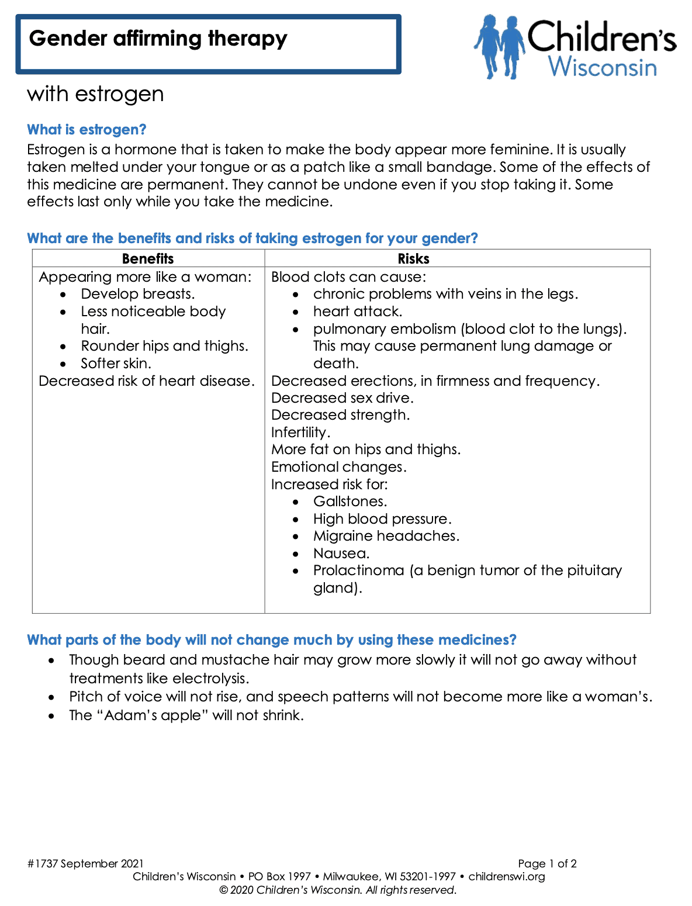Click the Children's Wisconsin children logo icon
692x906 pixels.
tap(499, 47)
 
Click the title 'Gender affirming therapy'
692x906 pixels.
tap(158, 39)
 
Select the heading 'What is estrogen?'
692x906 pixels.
tap(86, 130)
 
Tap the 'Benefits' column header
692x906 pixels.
tap(148, 259)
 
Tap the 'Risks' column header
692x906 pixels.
tap(413, 259)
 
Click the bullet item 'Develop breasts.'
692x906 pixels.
tap(138, 294)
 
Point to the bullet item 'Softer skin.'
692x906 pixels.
tap(116, 364)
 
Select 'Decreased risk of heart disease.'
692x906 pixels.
tap(147, 381)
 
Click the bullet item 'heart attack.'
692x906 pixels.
tap(358, 312)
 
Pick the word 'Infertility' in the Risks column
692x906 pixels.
tap(299, 433)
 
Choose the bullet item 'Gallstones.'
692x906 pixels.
tap(350, 502)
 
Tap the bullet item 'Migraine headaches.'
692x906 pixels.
tap(386, 536)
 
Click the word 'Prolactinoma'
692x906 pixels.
tap(358, 570)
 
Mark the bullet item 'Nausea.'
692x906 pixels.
tap(341, 554)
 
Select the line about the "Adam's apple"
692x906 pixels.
tap(186, 715)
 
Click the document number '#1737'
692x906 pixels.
tap(42, 864)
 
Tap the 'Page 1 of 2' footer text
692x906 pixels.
tap(547, 864)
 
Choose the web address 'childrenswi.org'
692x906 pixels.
tap(507, 877)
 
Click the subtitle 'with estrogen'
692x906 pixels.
tap(95, 94)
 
